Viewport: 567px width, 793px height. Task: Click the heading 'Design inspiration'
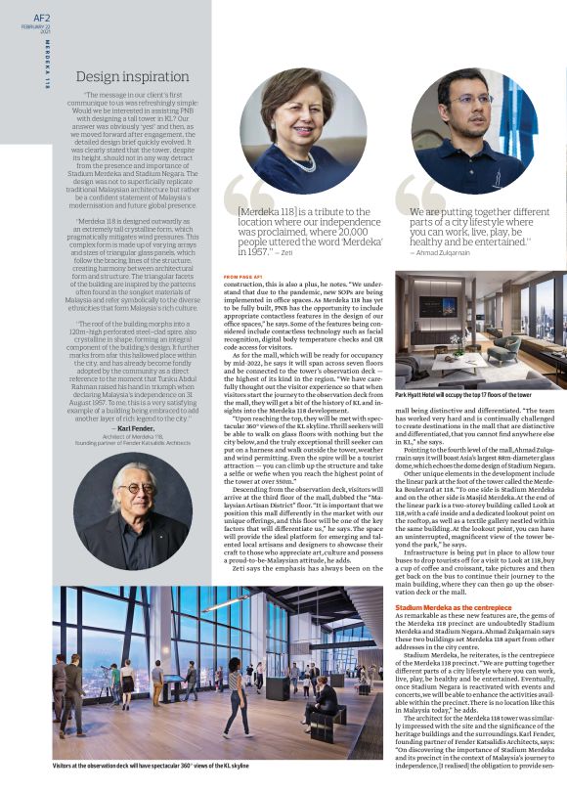pyautogui.click(x=132, y=75)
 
